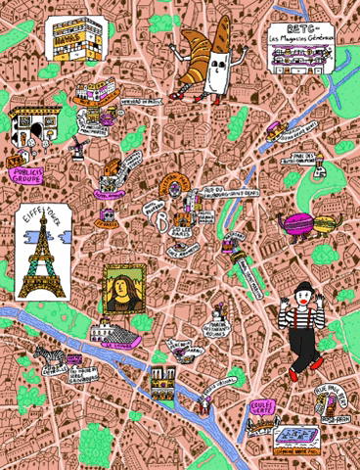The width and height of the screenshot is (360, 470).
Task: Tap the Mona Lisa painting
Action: coord(120,290)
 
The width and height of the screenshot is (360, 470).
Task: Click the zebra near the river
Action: coord(46,353)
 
